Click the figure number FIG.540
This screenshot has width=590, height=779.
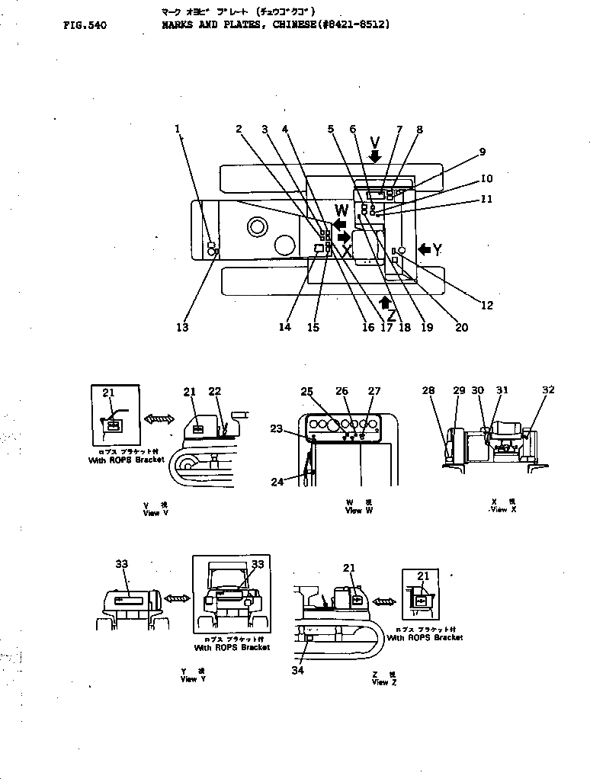(x=85, y=25)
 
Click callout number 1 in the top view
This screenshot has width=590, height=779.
(x=178, y=129)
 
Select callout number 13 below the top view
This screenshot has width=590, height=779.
(x=182, y=327)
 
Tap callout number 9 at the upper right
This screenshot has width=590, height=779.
(x=482, y=152)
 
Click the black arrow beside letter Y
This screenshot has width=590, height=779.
(x=424, y=248)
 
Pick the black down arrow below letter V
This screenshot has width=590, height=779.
(x=375, y=155)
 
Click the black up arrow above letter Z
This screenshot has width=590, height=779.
(x=385, y=302)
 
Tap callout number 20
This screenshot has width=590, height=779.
(x=462, y=327)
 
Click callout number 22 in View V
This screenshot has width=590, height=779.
(x=215, y=391)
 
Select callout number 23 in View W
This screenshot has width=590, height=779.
(x=276, y=428)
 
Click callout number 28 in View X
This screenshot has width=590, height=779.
(x=428, y=390)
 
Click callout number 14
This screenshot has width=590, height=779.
(x=285, y=327)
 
